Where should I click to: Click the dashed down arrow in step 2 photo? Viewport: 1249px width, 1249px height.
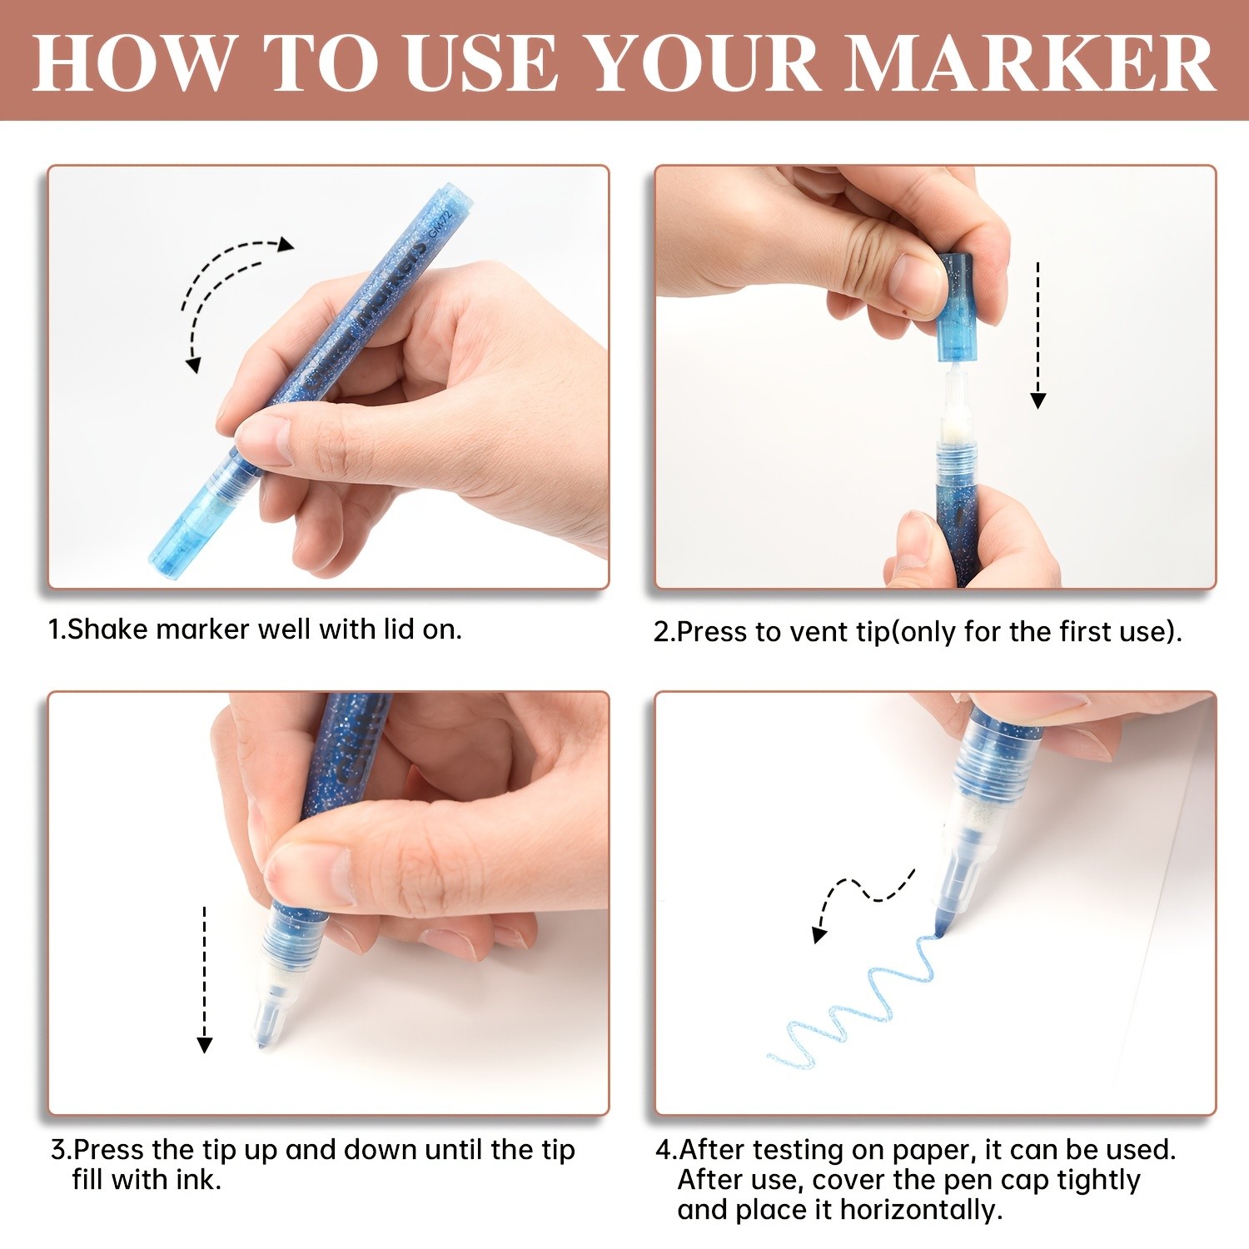[x=1038, y=336]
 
